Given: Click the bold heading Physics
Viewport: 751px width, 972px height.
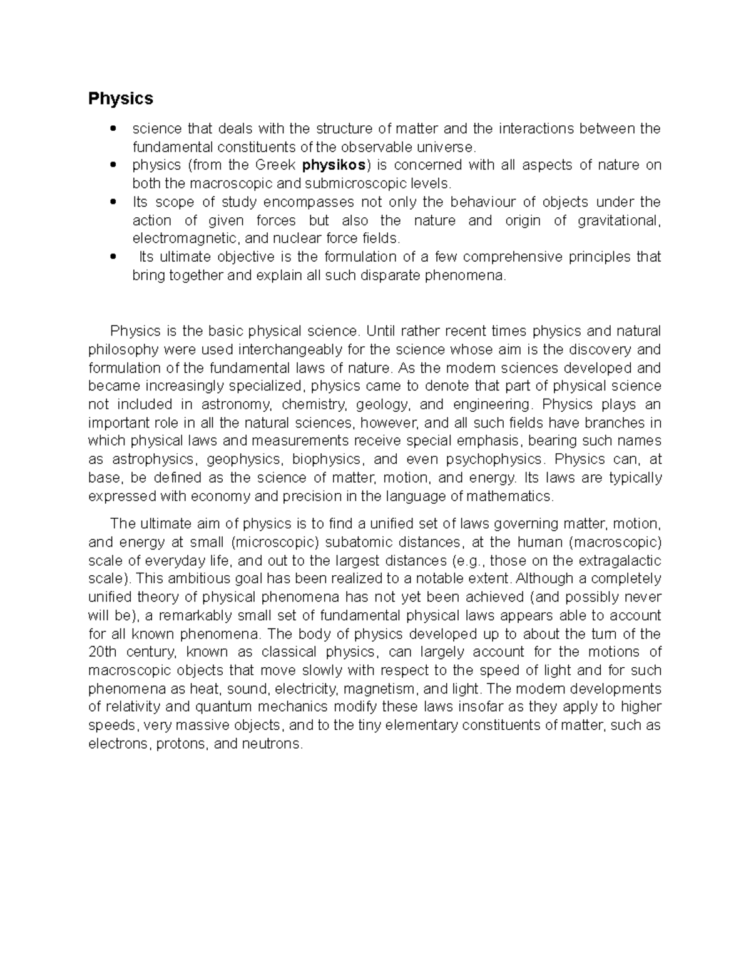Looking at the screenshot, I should point(120,99).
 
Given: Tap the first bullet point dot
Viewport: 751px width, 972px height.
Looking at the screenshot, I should point(113,129).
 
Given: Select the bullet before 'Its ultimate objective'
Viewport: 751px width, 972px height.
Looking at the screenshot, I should point(113,257).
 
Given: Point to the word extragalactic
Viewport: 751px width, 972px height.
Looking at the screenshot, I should point(615,560).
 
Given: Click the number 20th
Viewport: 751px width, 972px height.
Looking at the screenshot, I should point(103,652).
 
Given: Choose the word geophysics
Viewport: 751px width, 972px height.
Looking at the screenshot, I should point(245,459).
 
